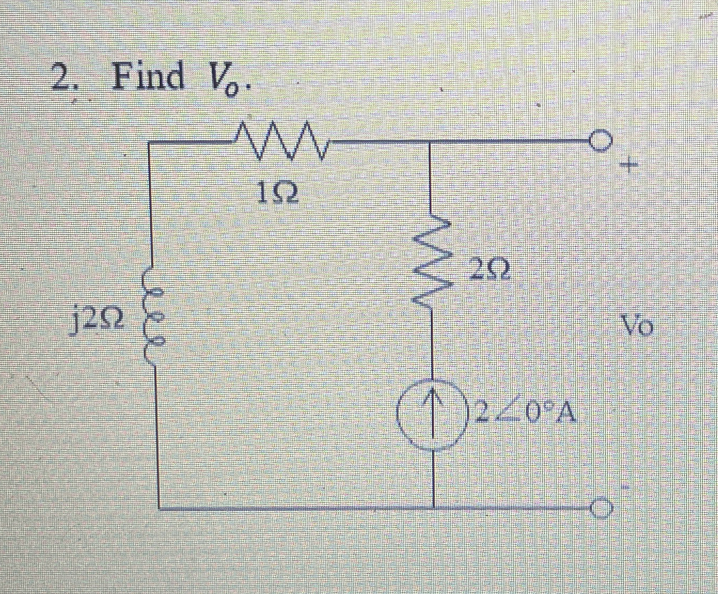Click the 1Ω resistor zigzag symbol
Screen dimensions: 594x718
pyautogui.click(x=280, y=141)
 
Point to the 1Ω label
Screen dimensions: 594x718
pyautogui.click(x=277, y=194)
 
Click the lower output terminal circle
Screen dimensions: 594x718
pyautogui.click(x=599, y=508)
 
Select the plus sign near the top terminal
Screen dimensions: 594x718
pyautogui.click(x=630, y=165)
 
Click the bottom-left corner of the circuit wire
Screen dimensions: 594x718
pyautogui.click(x=159, y=508)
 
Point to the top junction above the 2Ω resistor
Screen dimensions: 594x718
pyautogui.click(x=431, y=142)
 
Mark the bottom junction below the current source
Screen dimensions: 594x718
pyautogui.click(x=433, y=508)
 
